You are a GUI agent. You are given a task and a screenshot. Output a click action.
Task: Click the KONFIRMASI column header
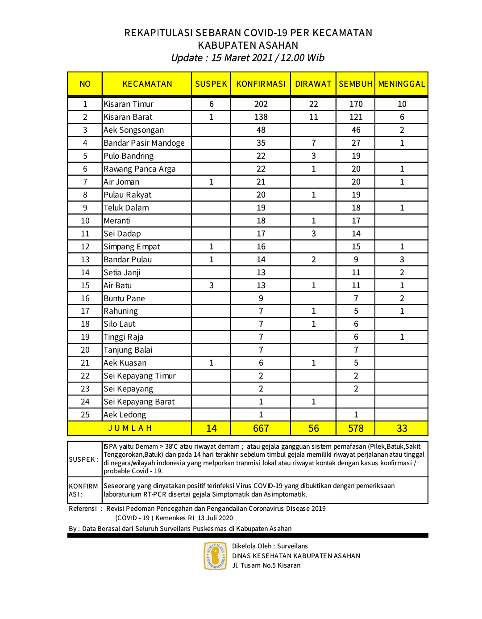click(x=261, y=84)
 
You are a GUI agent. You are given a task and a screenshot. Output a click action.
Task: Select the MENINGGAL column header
click(x=401, y=84)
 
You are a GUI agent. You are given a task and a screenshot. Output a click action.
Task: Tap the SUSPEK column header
click(x=211, y=84)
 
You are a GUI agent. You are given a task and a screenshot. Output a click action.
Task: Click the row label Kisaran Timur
click(x=129, y=104)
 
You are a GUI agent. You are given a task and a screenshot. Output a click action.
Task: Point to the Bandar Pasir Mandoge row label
click(x=144, y=143)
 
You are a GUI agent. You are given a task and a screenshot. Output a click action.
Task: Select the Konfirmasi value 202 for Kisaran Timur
click(x=261, y=104)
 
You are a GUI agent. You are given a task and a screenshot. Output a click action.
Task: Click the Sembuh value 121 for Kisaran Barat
click(x=356, y=117)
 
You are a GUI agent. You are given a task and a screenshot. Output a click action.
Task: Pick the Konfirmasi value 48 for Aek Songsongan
click(x=261, y=130)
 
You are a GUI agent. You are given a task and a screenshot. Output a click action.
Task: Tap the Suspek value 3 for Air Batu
click(x=211, y=286)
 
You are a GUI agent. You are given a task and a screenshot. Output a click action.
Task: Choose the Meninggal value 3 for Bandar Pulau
click(x=402, y=260)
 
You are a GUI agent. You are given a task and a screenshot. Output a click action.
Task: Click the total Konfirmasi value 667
click(x=261, y=429)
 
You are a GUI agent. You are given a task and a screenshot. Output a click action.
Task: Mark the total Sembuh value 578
click(x=356, y=429)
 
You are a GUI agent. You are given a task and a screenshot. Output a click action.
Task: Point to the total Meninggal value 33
click(x=402, y=429)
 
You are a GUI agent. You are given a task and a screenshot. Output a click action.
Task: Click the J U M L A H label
click(x=130, y=428)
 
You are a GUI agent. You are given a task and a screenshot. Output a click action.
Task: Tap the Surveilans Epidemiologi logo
click(x=215, y=556)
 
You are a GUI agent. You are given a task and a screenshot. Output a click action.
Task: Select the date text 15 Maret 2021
click(x=241, y=58)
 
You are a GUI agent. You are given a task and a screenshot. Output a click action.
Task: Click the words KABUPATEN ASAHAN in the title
click(x=248, y=46)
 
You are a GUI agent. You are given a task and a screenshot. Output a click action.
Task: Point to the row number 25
click(x=85, y=415)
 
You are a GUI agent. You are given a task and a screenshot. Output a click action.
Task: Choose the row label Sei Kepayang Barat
click(x=139, y=402)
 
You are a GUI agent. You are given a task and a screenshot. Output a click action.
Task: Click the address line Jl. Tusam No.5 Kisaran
click(x=266, y=565)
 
